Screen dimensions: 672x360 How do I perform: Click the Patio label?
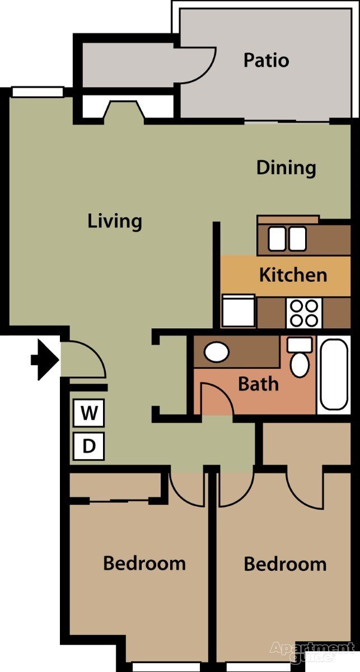click(266, 60)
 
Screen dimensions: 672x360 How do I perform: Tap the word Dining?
click(286, 167)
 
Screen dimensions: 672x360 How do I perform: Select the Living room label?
click(115, 221)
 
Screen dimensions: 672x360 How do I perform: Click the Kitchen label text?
click(293, 275)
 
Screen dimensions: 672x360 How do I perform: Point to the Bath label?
click(258, 384)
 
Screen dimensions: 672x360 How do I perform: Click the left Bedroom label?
click(144, 563)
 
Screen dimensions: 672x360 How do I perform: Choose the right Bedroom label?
click(285, 564)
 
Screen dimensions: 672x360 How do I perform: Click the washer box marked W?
click(88, 414)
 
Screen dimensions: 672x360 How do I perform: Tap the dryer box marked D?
click(88, 446)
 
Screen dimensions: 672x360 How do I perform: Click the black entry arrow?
click(45, 360)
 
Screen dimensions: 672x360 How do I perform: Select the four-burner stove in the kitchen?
click(305, 312)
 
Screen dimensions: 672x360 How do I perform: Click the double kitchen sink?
click(287, 239)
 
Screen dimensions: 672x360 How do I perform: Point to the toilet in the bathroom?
click(300, 358)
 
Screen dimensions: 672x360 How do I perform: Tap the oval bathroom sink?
click(216, 352)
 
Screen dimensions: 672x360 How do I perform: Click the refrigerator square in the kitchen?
click(238, 311)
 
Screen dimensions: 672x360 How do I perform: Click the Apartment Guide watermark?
click(312, 652)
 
